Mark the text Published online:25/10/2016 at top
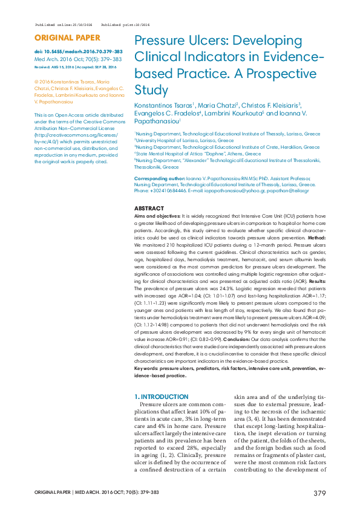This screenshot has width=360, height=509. point(64,25)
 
